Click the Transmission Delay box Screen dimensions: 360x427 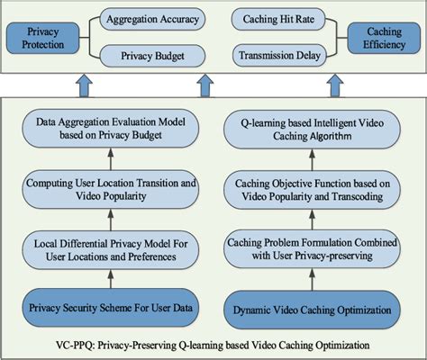278,56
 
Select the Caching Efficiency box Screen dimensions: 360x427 382,38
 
